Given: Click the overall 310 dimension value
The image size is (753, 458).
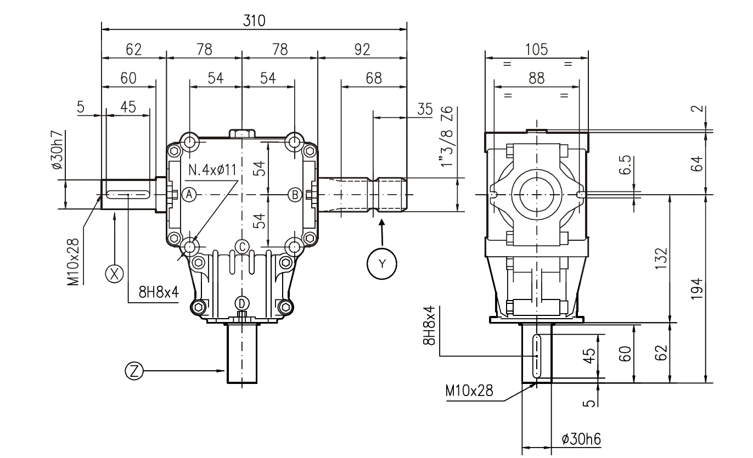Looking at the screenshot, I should [254, 21].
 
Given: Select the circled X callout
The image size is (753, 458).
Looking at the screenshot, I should [115, 274].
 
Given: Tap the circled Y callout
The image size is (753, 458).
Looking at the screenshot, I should [382, 263].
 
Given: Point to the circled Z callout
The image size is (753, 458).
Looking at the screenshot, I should [134, 371].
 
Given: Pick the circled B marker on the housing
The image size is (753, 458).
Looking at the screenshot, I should [295, 194].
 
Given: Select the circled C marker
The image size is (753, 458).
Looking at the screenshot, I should [242, 245].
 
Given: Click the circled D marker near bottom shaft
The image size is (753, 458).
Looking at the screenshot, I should [242, 303].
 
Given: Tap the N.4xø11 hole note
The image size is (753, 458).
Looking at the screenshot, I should [212, 169].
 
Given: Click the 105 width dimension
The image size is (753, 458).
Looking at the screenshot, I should [536, 49].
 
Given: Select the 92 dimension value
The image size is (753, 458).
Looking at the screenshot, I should [362, 49].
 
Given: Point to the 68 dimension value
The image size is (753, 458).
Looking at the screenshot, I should [373, 78].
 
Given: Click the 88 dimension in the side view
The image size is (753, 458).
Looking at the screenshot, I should [536, 78].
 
